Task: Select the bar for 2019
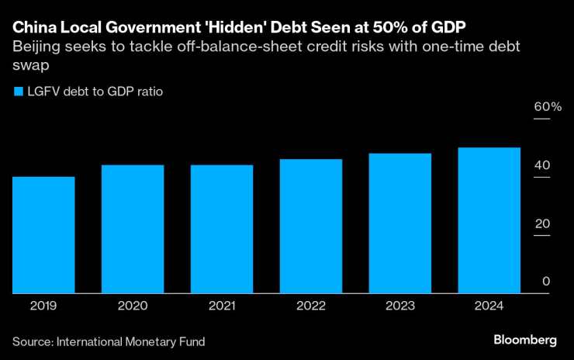pos(43,235)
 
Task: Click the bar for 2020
pos(133,229)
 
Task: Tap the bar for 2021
pos(222,229)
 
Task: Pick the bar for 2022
pos(311,226)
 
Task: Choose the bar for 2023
pos(399,223)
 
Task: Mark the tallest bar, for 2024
pos(489,220)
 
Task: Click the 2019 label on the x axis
pos(43,306)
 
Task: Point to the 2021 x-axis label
pos(222,306)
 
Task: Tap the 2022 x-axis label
pos(311,306)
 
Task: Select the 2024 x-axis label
pos(489,306)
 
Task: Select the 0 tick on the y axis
pos(546,282)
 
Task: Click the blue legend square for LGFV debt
pos(18,92)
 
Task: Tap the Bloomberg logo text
pos(525,341)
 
